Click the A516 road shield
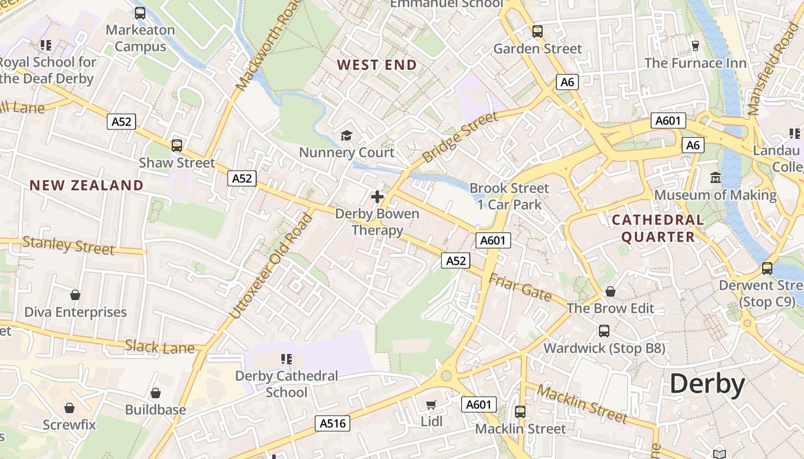333,423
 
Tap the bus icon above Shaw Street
177,146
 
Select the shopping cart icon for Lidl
431,405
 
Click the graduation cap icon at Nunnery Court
346,135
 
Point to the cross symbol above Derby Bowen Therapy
377,197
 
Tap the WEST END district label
377,65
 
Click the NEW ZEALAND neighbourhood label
87,185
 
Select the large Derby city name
707,384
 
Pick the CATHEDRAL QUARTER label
658,228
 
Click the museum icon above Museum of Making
716,178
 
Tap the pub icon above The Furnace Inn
695,45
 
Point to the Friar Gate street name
520,288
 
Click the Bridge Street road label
460,137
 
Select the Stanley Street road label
68,245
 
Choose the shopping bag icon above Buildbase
155,393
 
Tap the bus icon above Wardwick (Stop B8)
604,330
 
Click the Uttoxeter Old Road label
272,266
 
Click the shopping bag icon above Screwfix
69,408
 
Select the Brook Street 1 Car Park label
509,196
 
